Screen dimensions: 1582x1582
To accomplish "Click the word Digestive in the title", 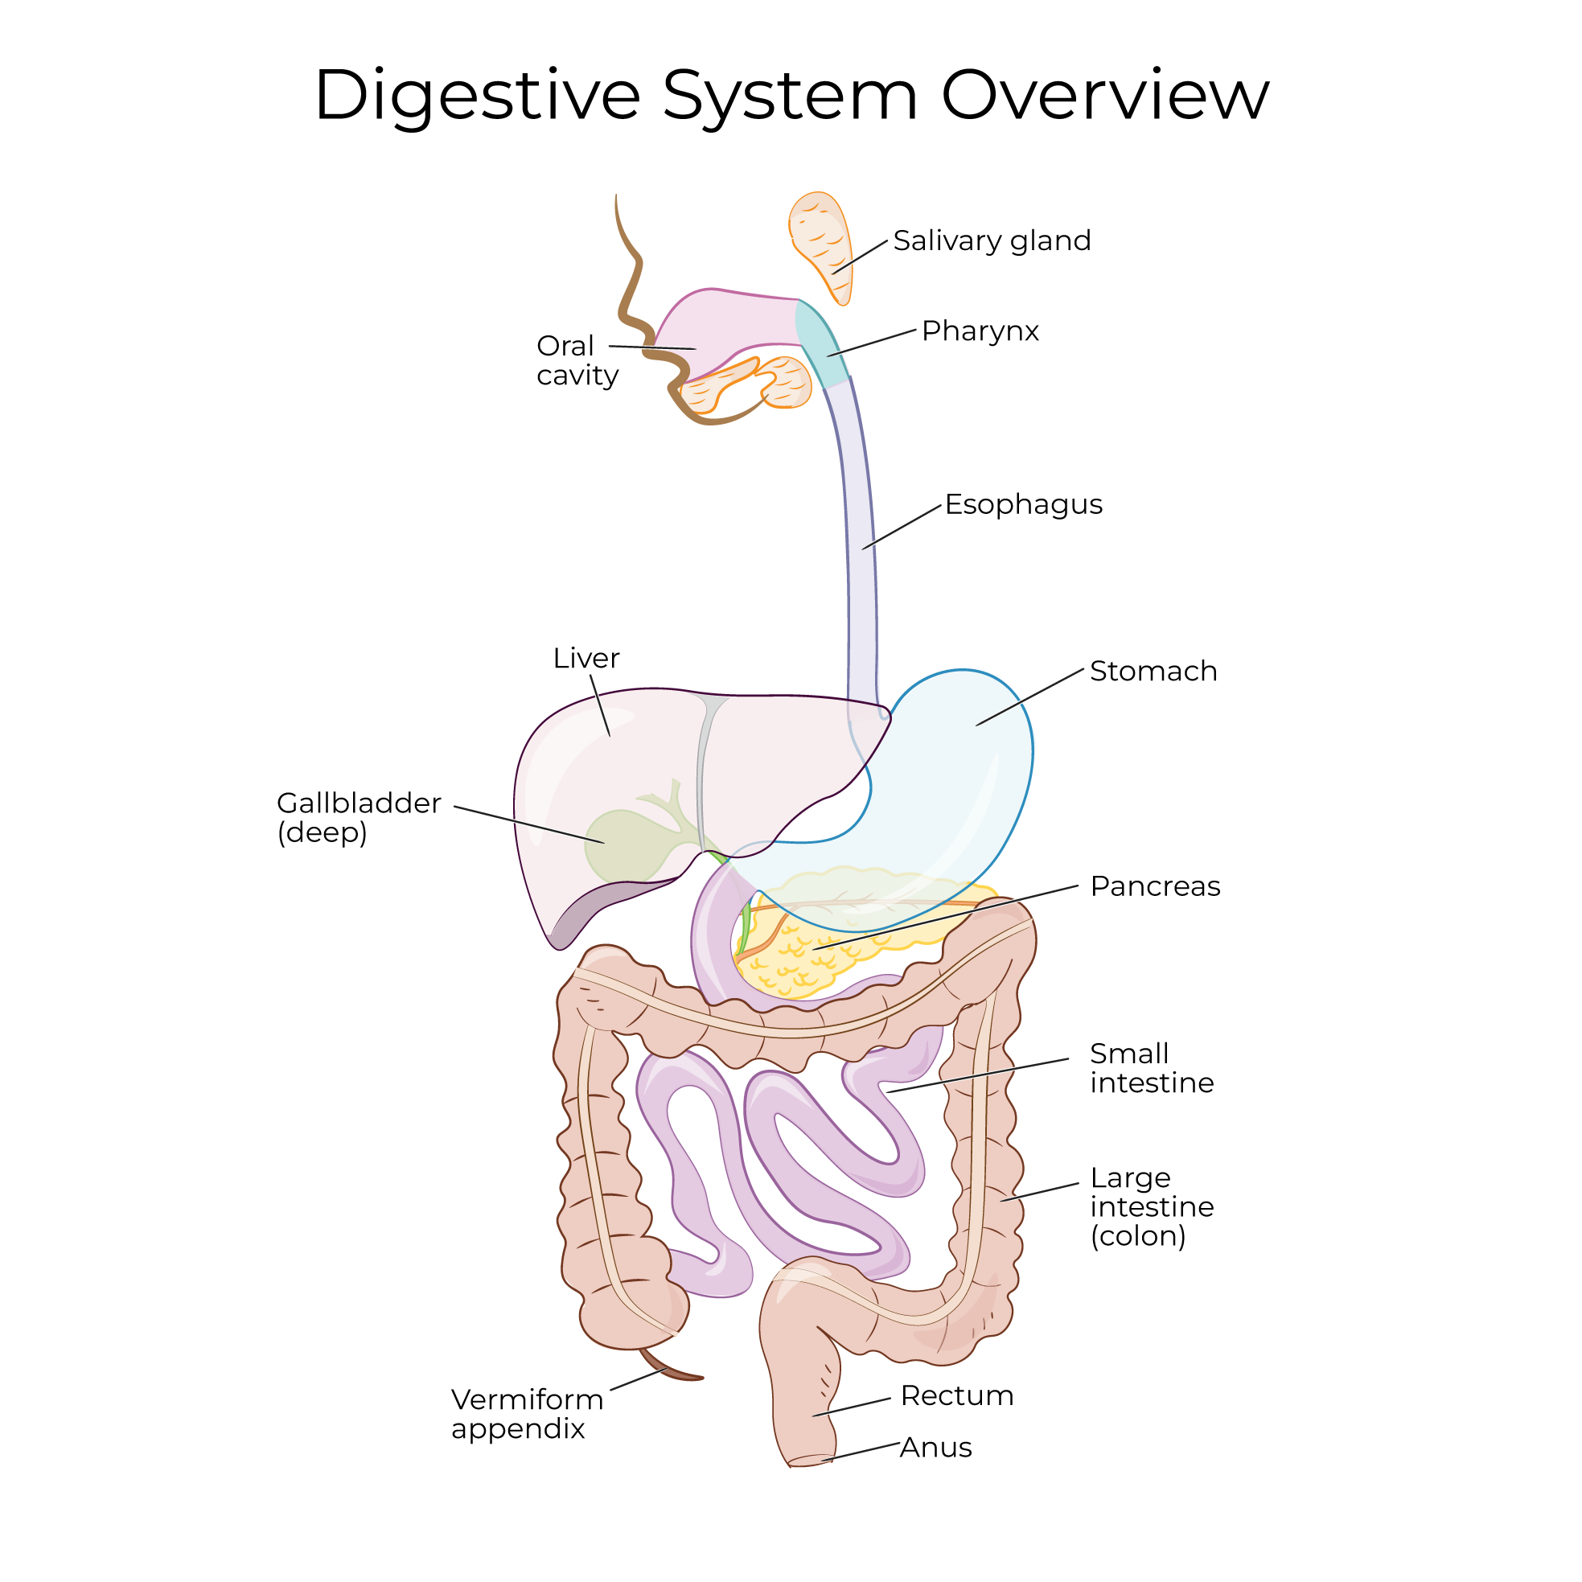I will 477,97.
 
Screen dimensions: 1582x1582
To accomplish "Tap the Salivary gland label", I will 992,240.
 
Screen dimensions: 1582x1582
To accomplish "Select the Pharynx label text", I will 980,331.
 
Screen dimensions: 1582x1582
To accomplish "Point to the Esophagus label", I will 1023,504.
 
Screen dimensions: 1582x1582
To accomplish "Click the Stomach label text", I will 1153,672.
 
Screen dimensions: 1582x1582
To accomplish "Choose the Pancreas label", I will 1155,886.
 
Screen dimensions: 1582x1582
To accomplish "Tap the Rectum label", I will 956,1395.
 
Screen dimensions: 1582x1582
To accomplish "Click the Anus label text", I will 936,1448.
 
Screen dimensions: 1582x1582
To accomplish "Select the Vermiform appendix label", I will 527,1414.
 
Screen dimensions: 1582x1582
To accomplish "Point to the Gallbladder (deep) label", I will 359,817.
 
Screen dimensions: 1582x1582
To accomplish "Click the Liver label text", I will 586,659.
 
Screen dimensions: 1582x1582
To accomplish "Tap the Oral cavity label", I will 577,360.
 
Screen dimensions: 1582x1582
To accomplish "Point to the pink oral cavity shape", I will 721,323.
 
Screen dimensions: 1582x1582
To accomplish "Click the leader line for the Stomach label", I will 1029,696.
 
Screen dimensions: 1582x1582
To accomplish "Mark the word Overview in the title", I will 1104,97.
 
